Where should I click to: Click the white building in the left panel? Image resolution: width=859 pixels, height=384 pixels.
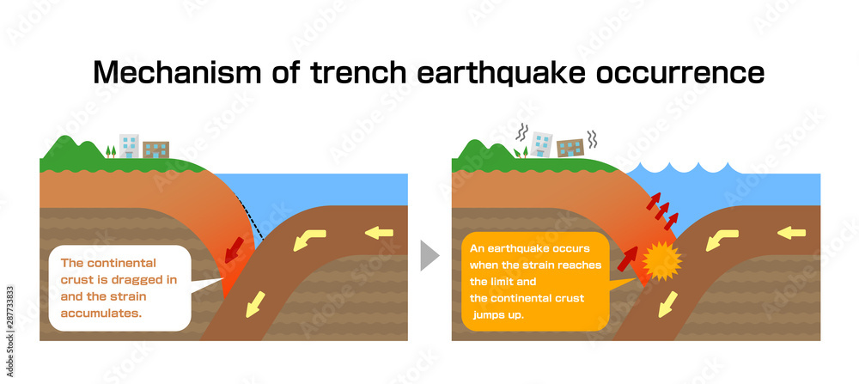[x=129, y=145]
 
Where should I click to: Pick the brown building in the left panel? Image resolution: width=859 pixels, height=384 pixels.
[x=156, y=149]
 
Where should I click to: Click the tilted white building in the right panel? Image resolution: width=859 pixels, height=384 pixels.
[x=542, y=143]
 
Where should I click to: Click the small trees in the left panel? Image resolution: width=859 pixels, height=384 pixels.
[x=110, y=151]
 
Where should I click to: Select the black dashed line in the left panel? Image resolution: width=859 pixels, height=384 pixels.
[x=250, y=216]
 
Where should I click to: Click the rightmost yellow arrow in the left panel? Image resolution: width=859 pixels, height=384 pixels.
[x=377, y=231]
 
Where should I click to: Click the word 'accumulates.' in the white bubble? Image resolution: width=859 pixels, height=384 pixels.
[x=101, y=314]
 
